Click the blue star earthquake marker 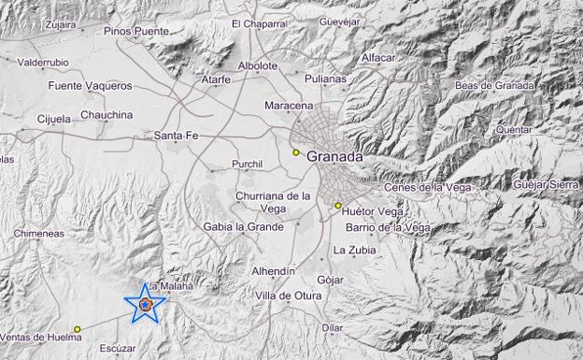[145, 304]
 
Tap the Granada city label [334, 157]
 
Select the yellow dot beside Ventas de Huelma [78, 328]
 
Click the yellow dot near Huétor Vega [338, 206]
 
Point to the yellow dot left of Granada [295, 152]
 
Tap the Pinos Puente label [137, 31]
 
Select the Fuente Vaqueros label [91, 86]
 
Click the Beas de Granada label [495, 86]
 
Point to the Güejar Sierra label [547, 184]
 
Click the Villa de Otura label [289, 295]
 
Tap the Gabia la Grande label [244, 226]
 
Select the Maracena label [289, 105]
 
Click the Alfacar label [379, 57]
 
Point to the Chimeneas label [39, 234]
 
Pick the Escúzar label [117, 348]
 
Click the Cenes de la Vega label [425, 187]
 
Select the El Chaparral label [261, 23]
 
